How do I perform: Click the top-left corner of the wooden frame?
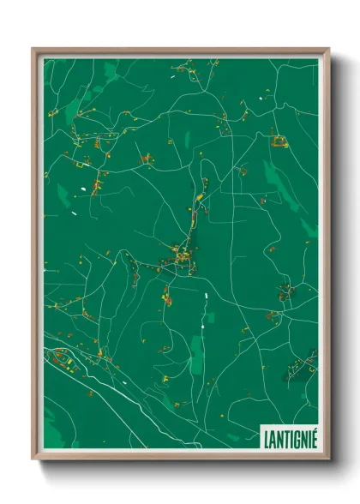[33, 49]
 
